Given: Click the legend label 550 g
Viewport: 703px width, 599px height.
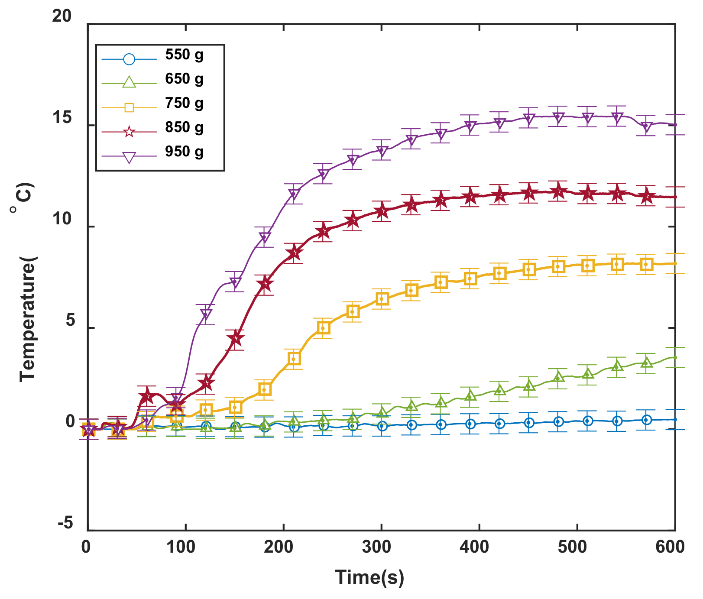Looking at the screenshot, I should [184, 55].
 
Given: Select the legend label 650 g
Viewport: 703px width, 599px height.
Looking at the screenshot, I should [184, 79].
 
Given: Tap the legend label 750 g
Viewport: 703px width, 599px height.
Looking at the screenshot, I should [184, 104].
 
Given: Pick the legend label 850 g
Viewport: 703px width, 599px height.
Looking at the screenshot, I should [184, 128].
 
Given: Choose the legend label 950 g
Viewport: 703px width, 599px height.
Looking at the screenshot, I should [184, 152].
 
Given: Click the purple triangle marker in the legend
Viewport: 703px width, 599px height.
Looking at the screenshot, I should [129, 157].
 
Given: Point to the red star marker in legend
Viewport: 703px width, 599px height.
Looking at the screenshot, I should [129, 132].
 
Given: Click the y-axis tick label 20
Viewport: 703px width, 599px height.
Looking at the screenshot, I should [62, 16].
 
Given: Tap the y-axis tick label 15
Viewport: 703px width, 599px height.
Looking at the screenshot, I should [62, 118].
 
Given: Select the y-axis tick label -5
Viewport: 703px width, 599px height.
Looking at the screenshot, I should [65, 524].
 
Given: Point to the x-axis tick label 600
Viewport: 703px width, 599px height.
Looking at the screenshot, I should [670, 547].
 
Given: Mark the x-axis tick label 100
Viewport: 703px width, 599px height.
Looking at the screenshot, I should [181, 547].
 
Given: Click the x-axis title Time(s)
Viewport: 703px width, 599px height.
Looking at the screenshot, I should [369, 577].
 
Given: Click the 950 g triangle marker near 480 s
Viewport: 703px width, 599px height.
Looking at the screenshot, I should [558, 117].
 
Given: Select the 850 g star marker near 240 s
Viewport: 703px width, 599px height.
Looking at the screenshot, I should [323, 232].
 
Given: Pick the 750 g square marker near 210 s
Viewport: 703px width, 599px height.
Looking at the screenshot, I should [294, 359].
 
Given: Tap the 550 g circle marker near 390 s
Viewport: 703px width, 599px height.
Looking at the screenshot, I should [470, 424].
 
